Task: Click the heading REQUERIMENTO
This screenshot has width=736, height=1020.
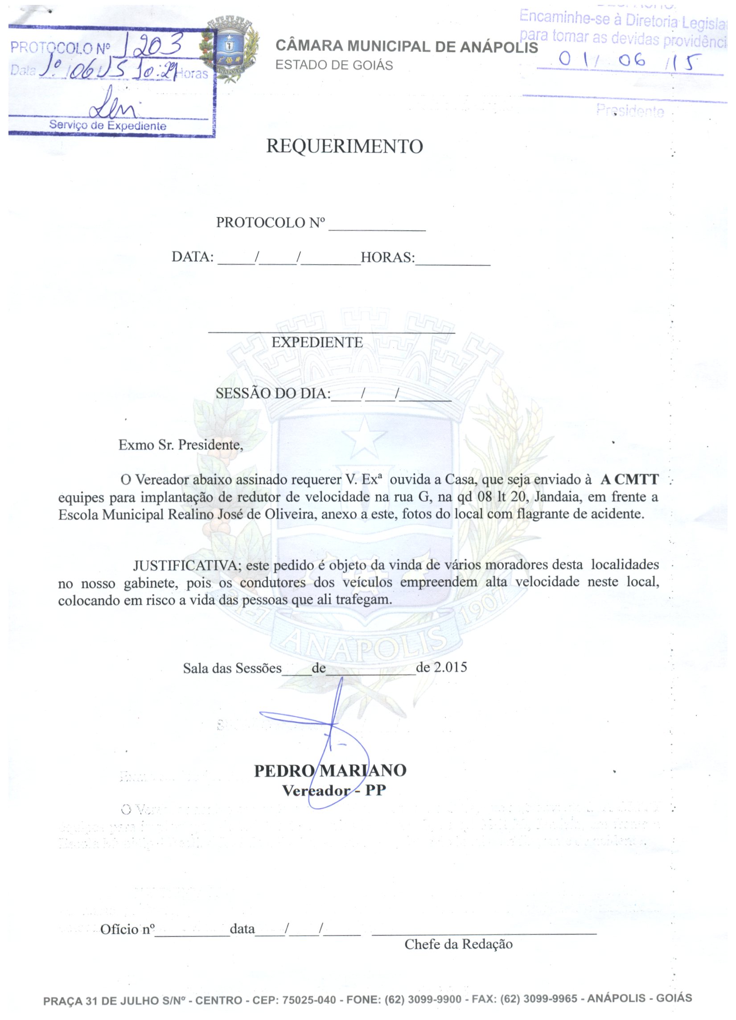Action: [345, 147]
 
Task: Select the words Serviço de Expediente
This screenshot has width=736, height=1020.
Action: [108, 125]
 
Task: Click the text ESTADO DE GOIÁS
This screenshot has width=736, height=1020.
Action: [334, 66]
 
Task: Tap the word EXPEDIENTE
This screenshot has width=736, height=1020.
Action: [317, 342]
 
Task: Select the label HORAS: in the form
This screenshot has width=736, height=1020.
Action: [387, 257]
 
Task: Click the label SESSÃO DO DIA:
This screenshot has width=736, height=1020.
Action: [273, 393]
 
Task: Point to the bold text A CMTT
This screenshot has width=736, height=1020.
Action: [629, 479]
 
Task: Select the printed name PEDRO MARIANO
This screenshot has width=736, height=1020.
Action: [330, 771]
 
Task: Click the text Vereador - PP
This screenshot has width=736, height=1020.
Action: [333, 791]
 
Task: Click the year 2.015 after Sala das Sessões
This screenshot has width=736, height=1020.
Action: [450, 666]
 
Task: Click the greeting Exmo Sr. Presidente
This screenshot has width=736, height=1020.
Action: [180, 445]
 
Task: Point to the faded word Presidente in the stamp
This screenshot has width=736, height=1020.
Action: [630, 111]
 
